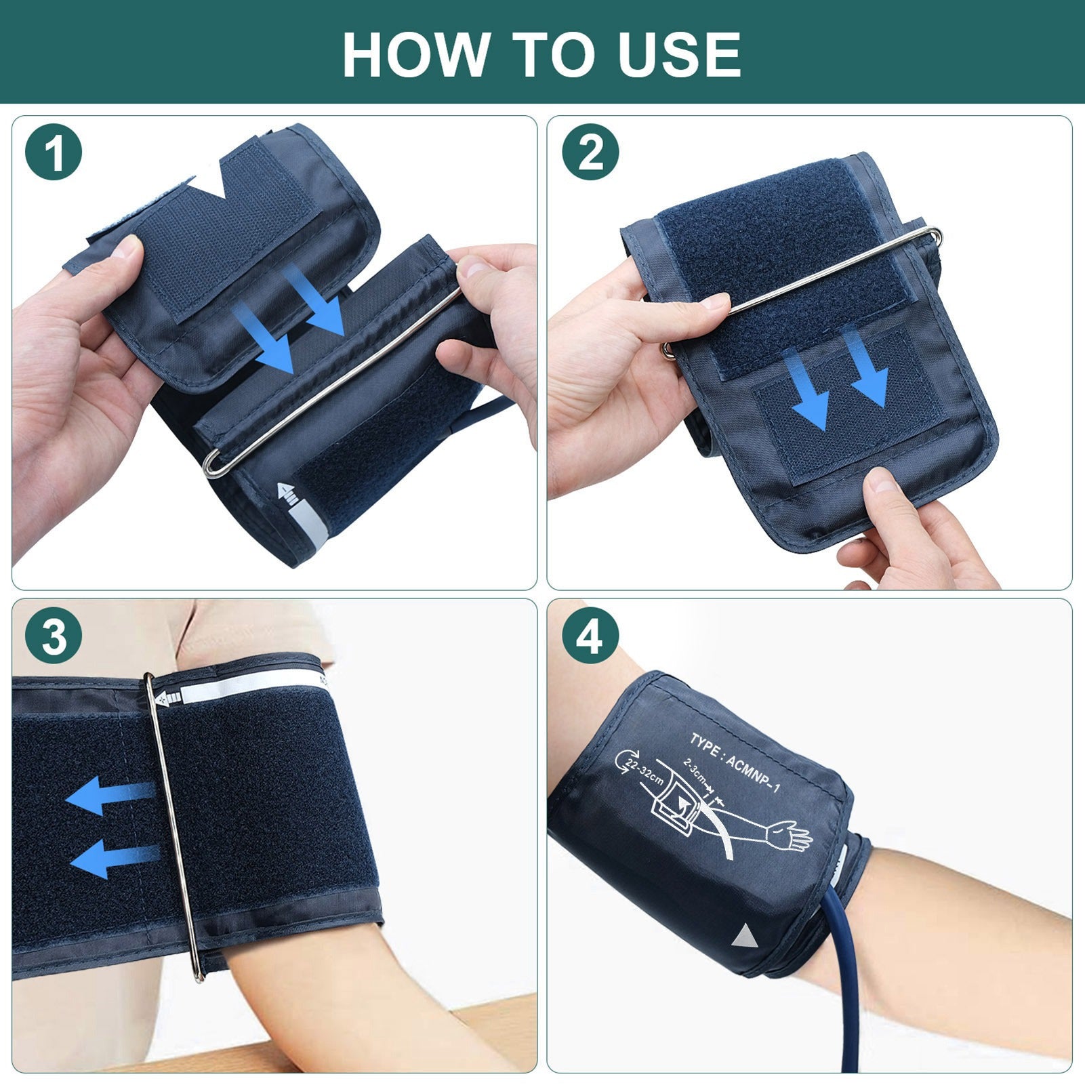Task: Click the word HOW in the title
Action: (x=415, y=54)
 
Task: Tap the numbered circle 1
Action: (x=54, y=152)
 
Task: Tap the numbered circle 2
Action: (x=590, y=152)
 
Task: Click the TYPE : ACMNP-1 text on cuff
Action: (x=735, y=762)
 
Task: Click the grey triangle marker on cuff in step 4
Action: (x=744, y=937)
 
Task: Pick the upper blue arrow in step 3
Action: (x=108, y=796)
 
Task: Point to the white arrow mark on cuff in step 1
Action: (x=288, y=494)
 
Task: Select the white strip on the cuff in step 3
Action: (x=244, y=693)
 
